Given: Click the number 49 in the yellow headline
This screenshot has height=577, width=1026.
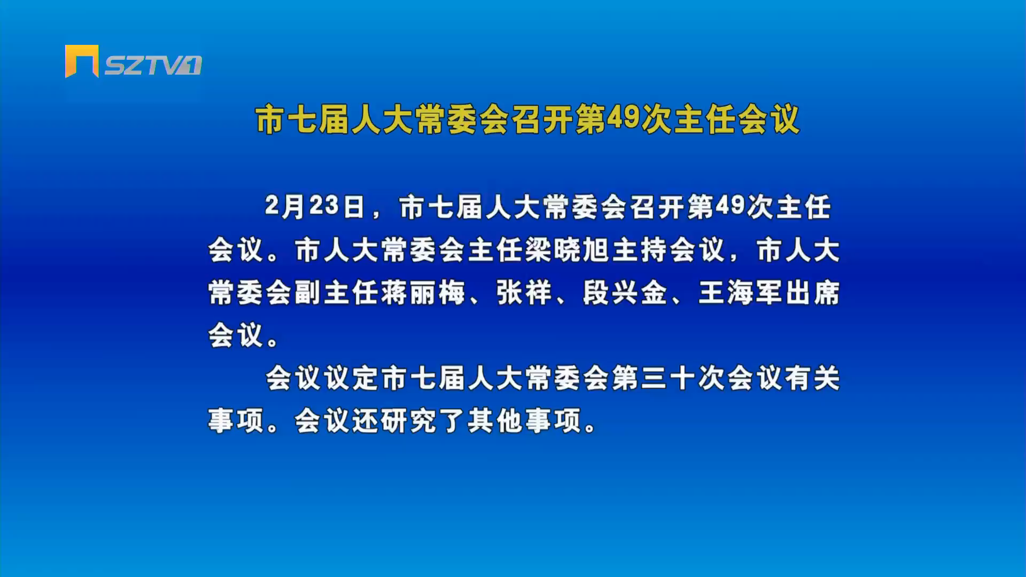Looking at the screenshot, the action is click(x=623, y=118).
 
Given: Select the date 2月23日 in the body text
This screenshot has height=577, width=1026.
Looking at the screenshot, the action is click(x=315, y=207).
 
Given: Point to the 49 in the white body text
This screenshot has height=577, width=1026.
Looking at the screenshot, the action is click(x=730, y=206).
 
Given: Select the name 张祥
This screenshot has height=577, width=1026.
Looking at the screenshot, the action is click(x=524, y=293).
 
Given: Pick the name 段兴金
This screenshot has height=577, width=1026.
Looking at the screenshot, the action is click(x=625, y=293).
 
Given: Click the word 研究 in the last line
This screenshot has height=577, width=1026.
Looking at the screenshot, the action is click(x=409, y=421).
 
